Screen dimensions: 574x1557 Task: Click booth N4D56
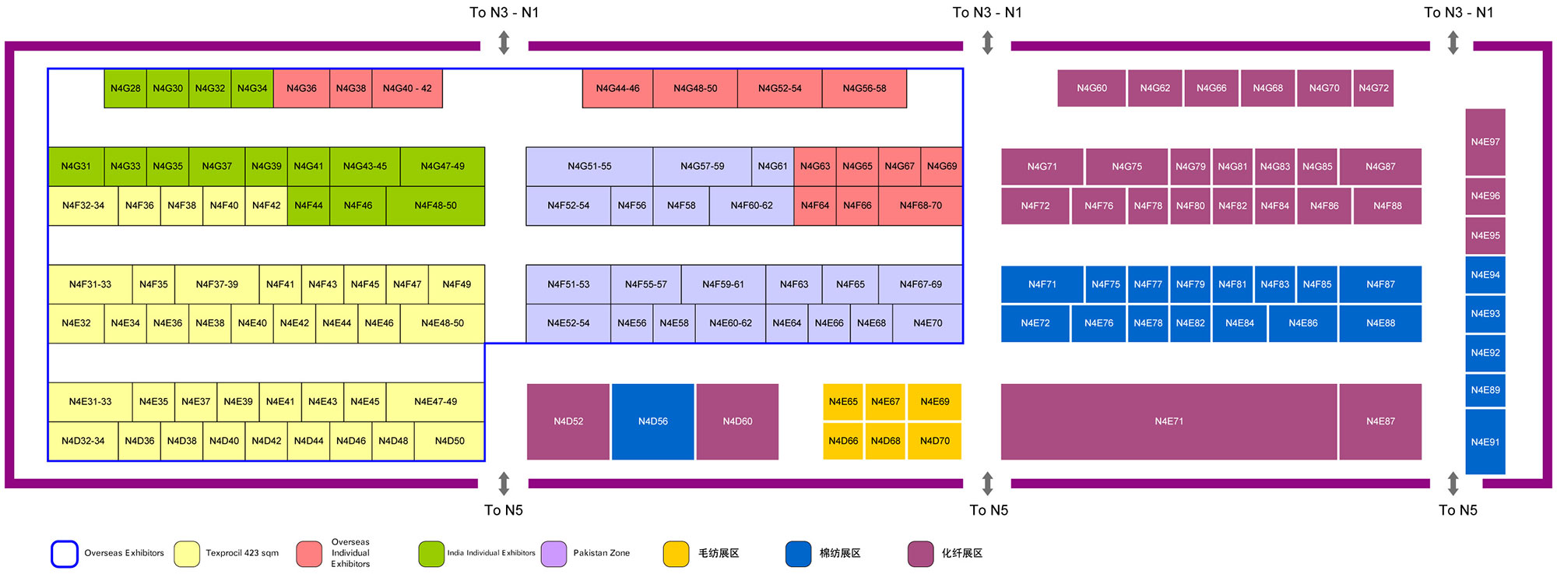[x=652, y=421]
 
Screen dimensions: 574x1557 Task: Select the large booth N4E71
[x=1169, y=421]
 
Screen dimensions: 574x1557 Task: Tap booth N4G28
[x=125, y=88]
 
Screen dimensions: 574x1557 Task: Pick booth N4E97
[x=1485, y=142]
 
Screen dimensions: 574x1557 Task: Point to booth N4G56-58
[x=864, y=88]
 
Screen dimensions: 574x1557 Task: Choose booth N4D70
[x=934, y=441]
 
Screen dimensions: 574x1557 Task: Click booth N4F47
[x=407, y=284]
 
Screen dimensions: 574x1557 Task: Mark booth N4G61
[x=772, y=166]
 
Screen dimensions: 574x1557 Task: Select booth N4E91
[x=1485, y=442]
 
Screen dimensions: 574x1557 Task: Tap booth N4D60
[x=737, y=421]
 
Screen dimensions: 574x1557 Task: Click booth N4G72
[x=1373, y=88]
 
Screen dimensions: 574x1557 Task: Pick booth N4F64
[x=815, y=206]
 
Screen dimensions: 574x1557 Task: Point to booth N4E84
[x=1239, y=323]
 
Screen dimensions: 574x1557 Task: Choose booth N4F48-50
[x=435, y=206]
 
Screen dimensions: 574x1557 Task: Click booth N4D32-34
[x=83, y=441]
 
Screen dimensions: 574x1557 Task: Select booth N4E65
[x=843, y=402]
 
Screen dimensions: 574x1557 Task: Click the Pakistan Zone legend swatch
[x=554, y=554]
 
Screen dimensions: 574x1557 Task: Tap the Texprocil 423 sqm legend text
[x=242, y=553]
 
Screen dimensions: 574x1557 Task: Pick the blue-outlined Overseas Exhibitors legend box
[x=65, y=554]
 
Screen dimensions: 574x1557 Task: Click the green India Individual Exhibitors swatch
[x=431, y=554]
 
